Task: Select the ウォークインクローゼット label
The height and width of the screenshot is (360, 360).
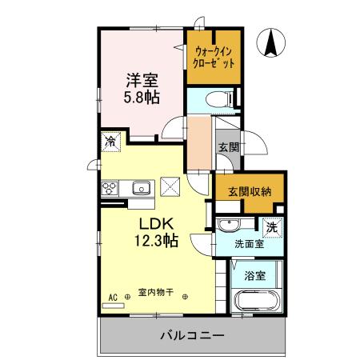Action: coord(214,58)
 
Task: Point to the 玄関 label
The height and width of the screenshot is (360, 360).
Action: coord(229,147)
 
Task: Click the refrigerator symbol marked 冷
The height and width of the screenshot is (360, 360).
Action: coord(110,142)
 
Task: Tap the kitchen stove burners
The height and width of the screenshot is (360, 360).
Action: coord(110,189)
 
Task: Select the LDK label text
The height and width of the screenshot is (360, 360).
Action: coord(158,223)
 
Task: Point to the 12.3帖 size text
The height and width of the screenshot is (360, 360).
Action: coord(158,241)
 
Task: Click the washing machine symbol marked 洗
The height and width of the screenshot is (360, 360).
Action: coord(272,228)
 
